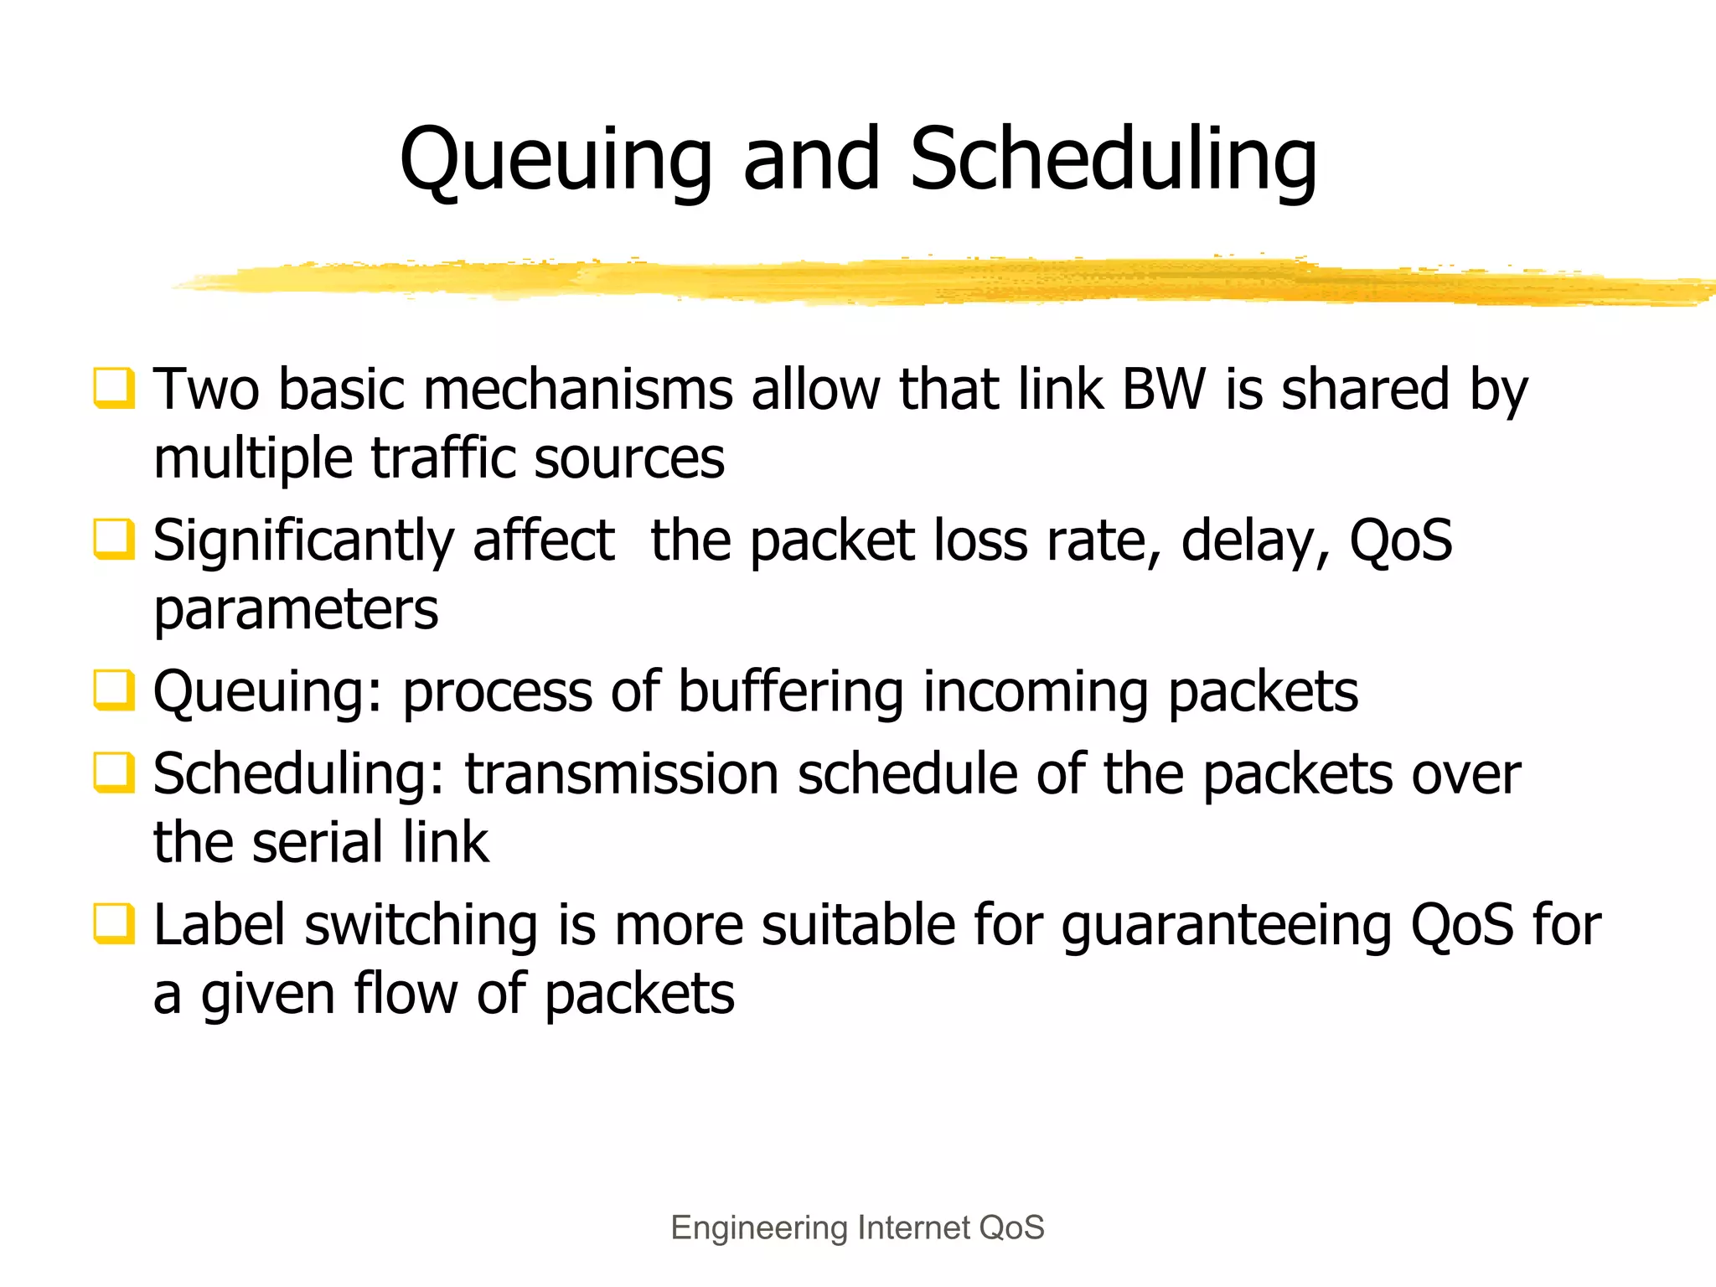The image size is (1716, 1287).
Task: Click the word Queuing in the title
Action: click(x=556, y=161)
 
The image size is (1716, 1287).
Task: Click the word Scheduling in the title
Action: click(x=1114, y=161)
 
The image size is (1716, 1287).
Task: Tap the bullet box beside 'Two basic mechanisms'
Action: click(x=113, y=389)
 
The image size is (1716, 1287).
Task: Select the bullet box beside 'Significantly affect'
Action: click(x=113, y=540)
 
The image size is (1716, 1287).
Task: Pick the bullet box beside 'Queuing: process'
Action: click(x=113, y=690)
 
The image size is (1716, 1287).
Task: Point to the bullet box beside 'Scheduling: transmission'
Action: click(x=113, y=773)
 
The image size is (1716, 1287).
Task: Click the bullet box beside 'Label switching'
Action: click(x=113, y=923)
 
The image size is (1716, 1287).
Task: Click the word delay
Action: click(x=1255, y=541)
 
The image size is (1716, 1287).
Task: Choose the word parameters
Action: click(x=296, y=610)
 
